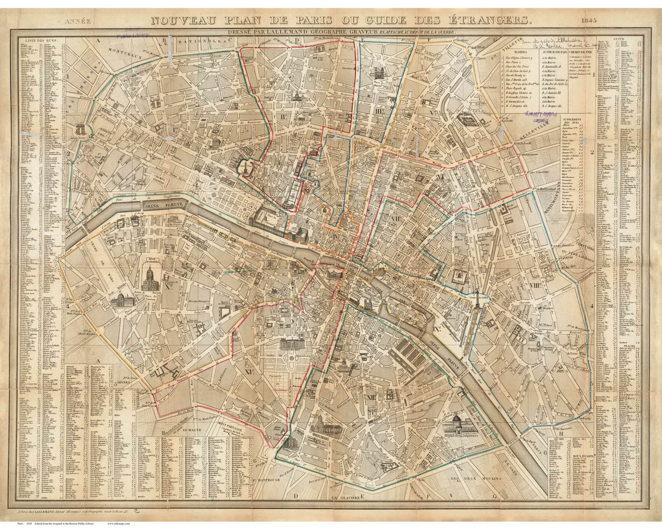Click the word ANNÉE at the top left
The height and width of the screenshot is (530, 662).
point(78,22)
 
